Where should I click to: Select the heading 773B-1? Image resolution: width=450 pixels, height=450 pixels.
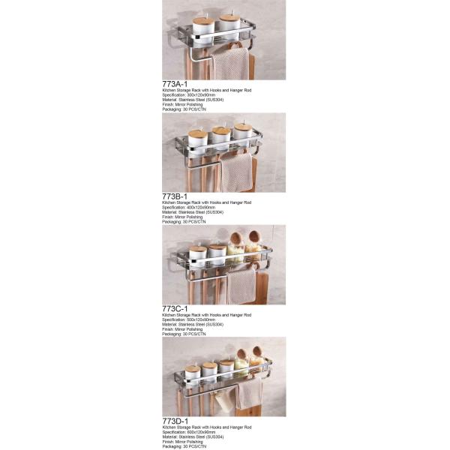tap(177, 196)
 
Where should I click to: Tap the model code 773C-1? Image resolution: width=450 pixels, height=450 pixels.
tap(177, 308)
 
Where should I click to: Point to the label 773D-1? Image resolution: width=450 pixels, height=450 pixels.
tap(177, 421)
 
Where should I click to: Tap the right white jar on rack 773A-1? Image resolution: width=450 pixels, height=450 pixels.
tap(226, 24)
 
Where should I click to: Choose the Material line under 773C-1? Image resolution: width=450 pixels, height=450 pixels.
tap(193, 325)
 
